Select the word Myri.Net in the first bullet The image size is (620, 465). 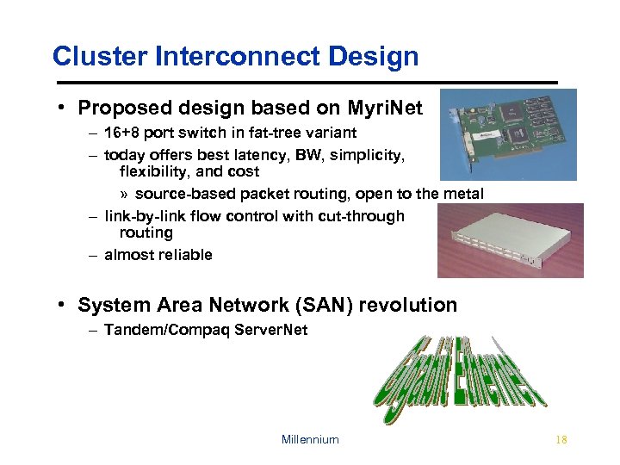pyautogui.click(x=384, y=108)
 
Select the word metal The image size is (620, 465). pyautogui.click(x=463, y=193)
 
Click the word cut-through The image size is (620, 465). pyautogui.click(x=362, y=215)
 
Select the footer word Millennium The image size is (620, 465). pyautogui.click(x=310, y=439)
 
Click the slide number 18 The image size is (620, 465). pyautogui.click(x=561, y=439)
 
